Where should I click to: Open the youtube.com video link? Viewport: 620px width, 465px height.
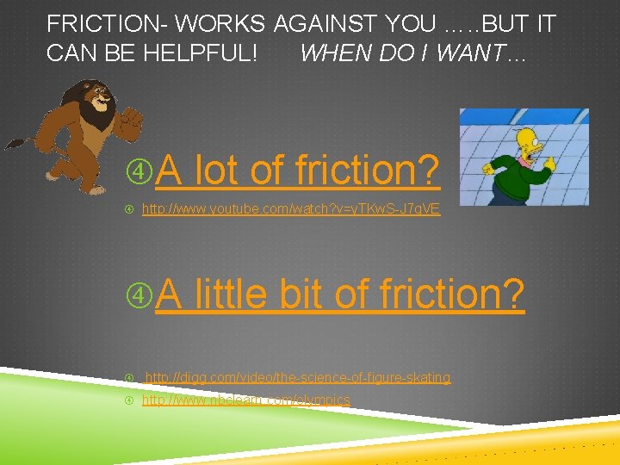point(290,209)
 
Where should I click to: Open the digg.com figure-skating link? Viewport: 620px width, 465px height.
point(297,378)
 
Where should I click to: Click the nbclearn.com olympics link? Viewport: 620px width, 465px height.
point(245,400)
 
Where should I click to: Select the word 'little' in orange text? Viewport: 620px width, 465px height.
point(231,294)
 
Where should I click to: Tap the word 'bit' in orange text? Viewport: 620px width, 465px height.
point(301,294)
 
